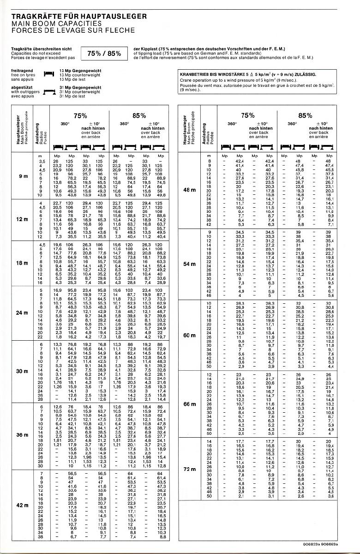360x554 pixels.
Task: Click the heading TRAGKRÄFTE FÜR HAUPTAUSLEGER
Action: pyautogui.click(x=79, y=17)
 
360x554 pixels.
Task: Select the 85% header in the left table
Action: pyautogui.click(x=139, y=115)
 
